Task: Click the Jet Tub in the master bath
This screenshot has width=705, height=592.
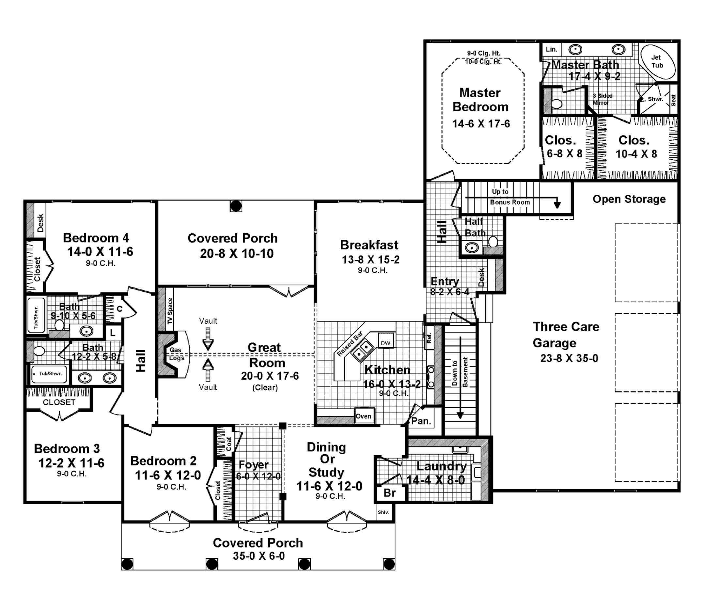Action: coord(658,62)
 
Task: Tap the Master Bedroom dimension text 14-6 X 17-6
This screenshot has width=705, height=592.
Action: coord(481,124)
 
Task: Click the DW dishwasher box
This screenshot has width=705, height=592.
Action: coord(385,343)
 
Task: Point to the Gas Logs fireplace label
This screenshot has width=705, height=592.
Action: coord(177,354)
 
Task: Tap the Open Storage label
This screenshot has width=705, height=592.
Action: coord(629,199)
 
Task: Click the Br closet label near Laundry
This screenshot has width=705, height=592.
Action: coord(389,493)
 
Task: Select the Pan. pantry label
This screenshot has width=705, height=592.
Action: coord(421,421)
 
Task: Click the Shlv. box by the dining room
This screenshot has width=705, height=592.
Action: coord(384,512)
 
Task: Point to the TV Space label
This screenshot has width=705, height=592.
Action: coord(170,311)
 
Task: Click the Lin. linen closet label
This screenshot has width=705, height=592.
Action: coord(551,50)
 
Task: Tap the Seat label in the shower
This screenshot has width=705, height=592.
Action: coord(673,100)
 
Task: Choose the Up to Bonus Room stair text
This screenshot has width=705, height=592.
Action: coord(509,197)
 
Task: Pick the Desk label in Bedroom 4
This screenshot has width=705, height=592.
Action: coord(40,223)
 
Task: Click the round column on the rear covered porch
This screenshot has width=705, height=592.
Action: coord(236,206)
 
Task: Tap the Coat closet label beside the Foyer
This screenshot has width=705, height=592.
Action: coord(228,443)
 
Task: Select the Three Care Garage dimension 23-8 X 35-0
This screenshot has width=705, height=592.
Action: coord(569,358)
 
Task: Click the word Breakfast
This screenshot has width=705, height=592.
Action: coord(369,245)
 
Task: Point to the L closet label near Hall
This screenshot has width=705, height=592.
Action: coord(113,333)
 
